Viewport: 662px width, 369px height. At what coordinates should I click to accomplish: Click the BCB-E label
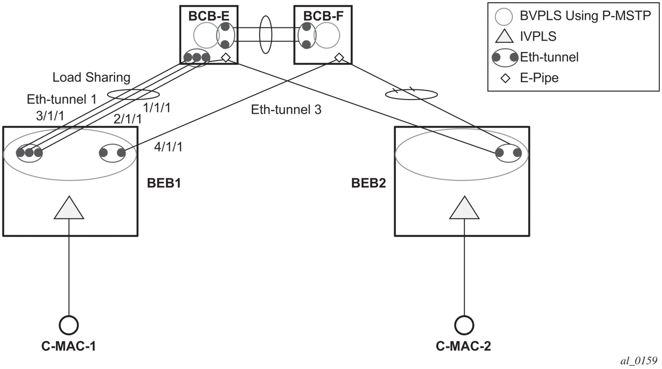coord(209,16)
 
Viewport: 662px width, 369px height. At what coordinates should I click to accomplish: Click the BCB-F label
coord(323,16)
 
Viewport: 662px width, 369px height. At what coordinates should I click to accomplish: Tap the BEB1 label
coord(164,183)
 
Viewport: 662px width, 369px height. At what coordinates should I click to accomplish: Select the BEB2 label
coord(368,183)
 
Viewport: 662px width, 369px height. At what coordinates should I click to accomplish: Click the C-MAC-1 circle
coord(69,325)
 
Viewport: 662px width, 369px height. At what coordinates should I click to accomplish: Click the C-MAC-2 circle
coord(464,325)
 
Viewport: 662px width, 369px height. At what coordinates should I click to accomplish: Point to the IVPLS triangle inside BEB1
coord(69,208)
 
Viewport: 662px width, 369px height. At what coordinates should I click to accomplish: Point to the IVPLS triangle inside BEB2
coord(464,208)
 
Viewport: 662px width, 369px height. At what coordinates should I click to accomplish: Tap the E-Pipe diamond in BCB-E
coord(226,57)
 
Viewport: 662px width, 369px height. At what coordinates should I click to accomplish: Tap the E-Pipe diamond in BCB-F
coord(339,57)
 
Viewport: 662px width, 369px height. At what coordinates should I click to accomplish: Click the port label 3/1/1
coord(50,116)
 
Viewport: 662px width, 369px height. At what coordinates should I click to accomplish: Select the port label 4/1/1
coord(168,147)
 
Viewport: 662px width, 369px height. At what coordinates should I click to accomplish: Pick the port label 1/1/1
coord(156,108)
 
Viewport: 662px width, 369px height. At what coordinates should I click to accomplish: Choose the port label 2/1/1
coord(128,119)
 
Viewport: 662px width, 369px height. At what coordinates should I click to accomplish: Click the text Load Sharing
coord(92,78)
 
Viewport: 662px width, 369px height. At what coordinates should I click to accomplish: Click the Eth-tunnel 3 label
coord(286,110)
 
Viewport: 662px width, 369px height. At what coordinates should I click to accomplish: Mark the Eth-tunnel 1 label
coord(62,99)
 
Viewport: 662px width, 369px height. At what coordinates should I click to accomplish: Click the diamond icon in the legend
coord(506,78)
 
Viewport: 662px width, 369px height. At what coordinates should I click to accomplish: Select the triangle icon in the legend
coord(504,37)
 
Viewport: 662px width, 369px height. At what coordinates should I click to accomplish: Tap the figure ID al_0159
coord(639,361)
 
